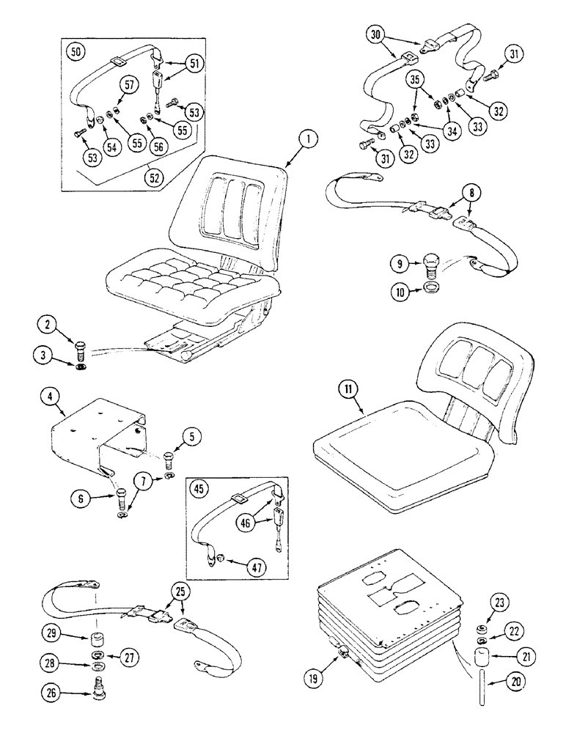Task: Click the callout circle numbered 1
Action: tap(312, 137)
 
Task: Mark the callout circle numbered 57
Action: tap(128, 86)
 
